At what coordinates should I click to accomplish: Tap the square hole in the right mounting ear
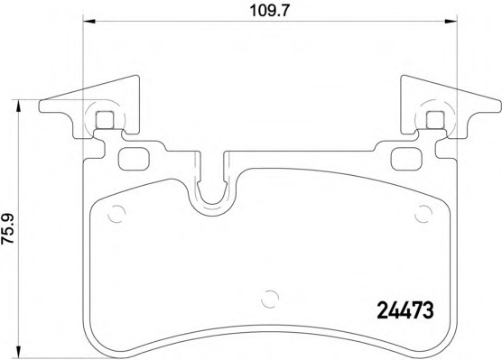433,117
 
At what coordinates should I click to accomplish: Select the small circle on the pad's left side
116,213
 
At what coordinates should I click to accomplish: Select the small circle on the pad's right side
423,213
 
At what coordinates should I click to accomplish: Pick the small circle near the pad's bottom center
267,299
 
